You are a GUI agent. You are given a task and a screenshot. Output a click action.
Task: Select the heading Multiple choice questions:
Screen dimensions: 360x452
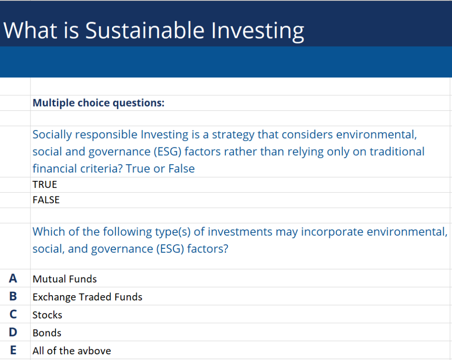98,103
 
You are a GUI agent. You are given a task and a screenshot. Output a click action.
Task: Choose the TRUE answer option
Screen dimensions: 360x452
45,184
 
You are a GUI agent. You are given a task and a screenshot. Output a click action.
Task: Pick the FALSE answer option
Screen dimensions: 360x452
46,200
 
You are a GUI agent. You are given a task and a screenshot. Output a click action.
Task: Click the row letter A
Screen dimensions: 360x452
13,278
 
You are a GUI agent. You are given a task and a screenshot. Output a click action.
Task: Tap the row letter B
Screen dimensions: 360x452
13,296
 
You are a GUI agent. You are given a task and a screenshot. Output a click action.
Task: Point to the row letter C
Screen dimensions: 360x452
13,315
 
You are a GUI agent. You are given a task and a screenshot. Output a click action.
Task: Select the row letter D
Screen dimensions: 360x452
13,333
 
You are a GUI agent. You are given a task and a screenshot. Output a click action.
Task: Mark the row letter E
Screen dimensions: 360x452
13,351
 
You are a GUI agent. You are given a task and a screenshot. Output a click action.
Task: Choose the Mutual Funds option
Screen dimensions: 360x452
64,279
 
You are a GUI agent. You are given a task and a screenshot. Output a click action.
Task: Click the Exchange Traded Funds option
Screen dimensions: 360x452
87,297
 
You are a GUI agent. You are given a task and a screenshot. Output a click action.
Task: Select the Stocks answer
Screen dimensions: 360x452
47,315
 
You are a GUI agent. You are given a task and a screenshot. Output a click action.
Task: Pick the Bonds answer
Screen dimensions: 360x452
47,333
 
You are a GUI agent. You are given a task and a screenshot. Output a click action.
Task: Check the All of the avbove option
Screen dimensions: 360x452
72,351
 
